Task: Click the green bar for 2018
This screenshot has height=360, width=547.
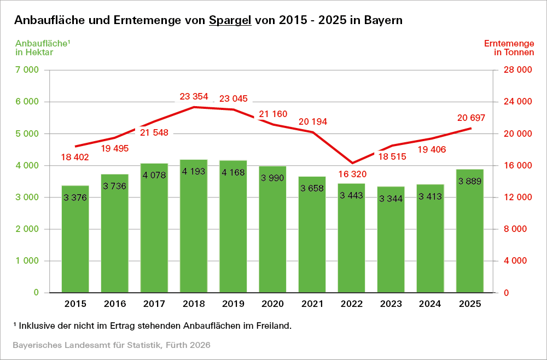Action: [x=194, y=230]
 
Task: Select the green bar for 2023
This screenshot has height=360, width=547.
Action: [x=391, y=243]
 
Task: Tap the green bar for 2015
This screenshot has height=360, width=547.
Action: [x=75, y=243]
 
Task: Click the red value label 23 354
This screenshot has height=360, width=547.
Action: [x=194, y=97]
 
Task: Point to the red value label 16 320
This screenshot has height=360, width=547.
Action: [x=351, y=174]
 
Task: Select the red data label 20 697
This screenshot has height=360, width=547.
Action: [x=470, y=118]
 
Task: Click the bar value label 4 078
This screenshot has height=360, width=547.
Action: [x=154, y=176]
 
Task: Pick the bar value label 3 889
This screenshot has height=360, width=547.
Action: [x=470, y=182]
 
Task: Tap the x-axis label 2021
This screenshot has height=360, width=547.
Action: [x=312, y=304]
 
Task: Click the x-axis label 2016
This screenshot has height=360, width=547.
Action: [x=115, y=304]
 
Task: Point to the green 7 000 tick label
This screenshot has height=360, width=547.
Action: [x=27, y=70]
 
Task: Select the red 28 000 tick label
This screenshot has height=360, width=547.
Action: [x=517, y=70]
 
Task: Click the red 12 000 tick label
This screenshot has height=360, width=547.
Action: [x=517, y=197]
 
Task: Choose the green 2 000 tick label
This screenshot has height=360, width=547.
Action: [x=27, y=229]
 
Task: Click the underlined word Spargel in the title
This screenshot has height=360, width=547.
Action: [x=230, y=20]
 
